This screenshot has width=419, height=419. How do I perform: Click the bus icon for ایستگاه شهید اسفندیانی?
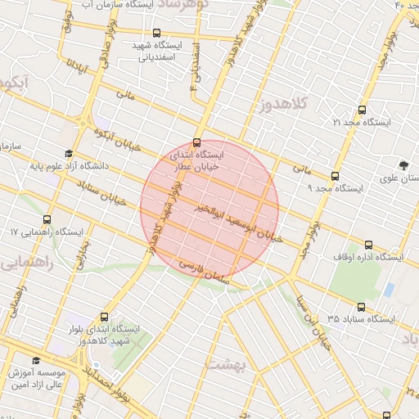click(x=158, y=34)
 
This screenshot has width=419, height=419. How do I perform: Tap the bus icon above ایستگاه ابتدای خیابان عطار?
click(x=196, y=142)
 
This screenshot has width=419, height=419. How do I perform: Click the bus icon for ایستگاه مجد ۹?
click(x=335, y=176)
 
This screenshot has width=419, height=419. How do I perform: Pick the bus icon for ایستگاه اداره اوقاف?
click(x=368, y=245)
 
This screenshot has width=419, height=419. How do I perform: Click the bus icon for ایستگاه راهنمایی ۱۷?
click(x=46, y=220)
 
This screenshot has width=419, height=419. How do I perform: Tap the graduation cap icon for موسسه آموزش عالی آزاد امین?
click(x=35, y=361)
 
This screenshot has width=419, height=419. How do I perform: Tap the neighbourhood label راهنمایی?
click(x=29, y=263)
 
